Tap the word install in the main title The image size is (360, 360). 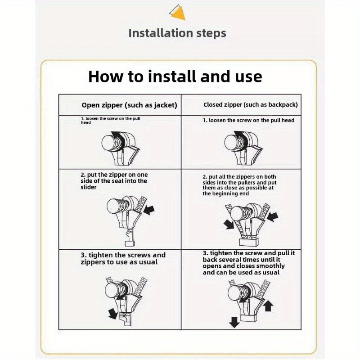[172, 76]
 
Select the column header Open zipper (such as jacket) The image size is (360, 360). [129, 105]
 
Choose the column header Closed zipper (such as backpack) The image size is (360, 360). [251, 105]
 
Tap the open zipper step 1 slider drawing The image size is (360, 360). [121, 148]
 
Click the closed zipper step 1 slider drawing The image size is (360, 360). [243, 148]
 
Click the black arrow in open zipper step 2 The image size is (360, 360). [149, 210]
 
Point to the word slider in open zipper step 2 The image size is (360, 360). [89, 187]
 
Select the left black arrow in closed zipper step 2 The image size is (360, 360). [229, 224]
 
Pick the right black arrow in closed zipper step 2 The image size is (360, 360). [273, 217]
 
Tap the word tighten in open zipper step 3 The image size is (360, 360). [100, 255]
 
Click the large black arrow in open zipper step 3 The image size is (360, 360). [113, 314]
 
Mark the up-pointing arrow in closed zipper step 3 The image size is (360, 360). [268, 306]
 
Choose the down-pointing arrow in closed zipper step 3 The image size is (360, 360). [234, 322]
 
